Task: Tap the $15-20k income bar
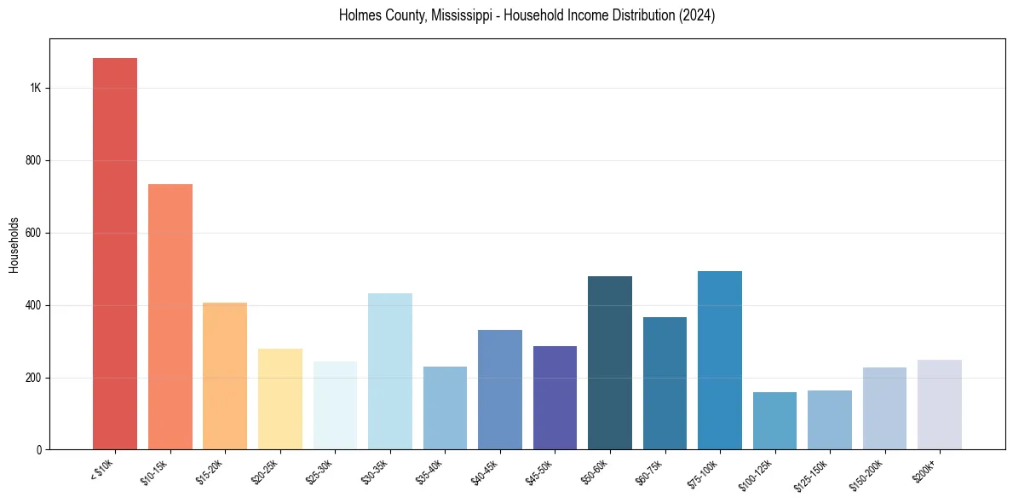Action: pyautogui.click(x=225, y=376)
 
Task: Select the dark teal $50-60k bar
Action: pyautogui.click(x=610, y=363)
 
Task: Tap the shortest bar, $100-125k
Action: pyautogui.click(x=774, y=421)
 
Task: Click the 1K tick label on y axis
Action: pyautogui.click(x=36, y=89)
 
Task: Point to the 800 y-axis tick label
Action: pyautogui.click(x=33, y=161)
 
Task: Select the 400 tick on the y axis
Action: pyautogui.click(x=33, y=305)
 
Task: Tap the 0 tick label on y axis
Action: pyautogui.click(x=38, y=450)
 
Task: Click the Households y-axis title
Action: pyautogui.click(x=14, y=245)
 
